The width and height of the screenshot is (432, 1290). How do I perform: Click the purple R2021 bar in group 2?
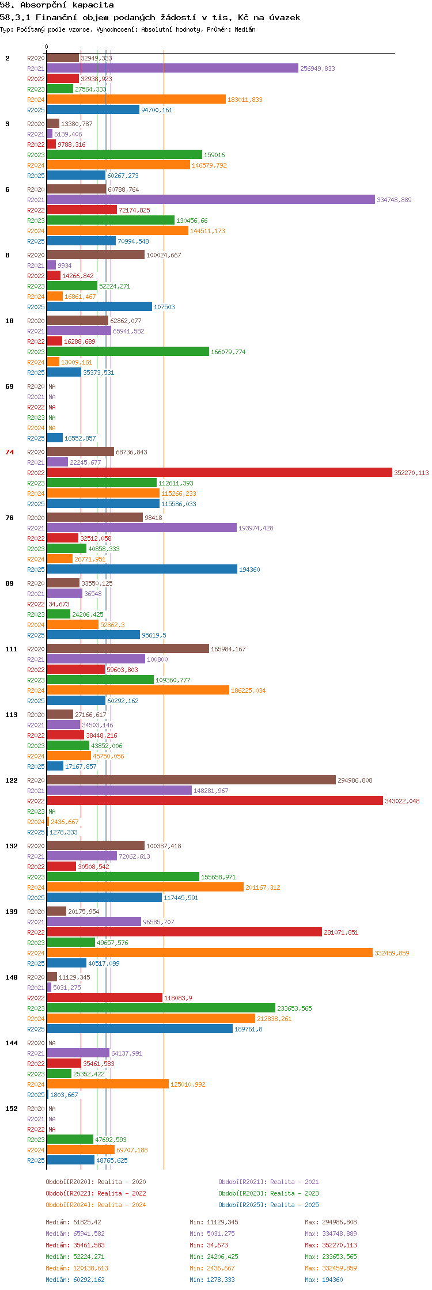pyautogui.click(x=172, y=69)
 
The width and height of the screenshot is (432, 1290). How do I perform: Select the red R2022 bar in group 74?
pyautogui.click(x=219, y=473)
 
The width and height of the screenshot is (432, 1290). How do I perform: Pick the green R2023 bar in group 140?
pyautogui.click(x=161, y=1008)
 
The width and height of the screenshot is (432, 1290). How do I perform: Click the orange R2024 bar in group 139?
pyautogui.click(x=210, y=953)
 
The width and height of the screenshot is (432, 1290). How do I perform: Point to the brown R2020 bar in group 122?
pyautogui.click(x=191, y=780)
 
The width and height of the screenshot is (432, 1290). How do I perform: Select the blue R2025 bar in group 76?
pyautogui.click(x=142, y=570)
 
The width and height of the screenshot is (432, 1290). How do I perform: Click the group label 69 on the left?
pyautogui.click(x=10, y=386)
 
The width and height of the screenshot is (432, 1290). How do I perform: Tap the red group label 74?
pyautogui.click(x=10, y=452)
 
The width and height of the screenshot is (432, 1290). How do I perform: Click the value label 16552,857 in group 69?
pyautogui.click(x=80, y=438)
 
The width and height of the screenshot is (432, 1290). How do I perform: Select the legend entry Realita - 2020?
pyautogui.click(x=96, y=1182)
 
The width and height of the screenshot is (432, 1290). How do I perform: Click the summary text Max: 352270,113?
pyautogui.click(x=331, y=1245)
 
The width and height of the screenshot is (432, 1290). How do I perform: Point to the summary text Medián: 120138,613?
pyautogui.click(x=77, y=1268)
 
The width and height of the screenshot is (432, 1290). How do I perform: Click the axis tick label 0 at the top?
pyautogui.click(x=47, y=47)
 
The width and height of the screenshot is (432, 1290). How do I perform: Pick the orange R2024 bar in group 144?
pyautogui.click(x=108, y=1084)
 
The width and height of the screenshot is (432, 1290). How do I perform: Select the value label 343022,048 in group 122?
pyautogui.click(x=402, y=801)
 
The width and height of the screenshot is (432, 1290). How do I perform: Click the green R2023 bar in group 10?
pyautogui.click(x=128, y=352)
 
